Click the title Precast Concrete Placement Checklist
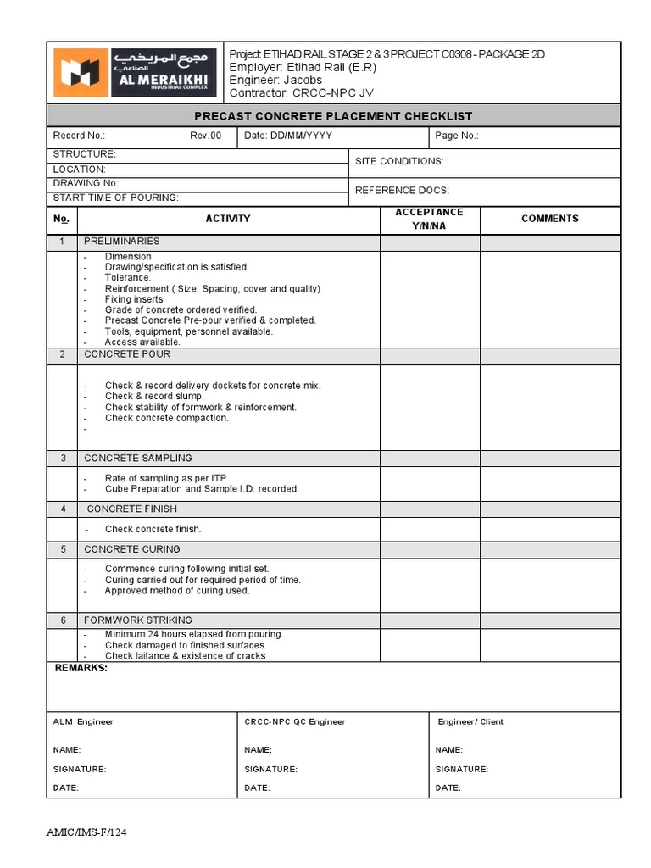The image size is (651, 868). point(333,116)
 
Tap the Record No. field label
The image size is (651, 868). point(79,136)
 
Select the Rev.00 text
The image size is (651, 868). point(205,136)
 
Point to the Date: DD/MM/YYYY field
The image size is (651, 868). point(288,136)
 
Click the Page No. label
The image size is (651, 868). point(457,136)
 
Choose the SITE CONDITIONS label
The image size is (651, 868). point(398,161)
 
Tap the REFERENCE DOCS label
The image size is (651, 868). point(402,191)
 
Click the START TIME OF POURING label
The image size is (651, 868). point(115,198)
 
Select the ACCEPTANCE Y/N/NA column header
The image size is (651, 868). point(429,219)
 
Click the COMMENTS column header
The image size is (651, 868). point(549,219)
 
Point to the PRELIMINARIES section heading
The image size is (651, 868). point(121,242)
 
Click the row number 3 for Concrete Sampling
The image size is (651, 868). point(62,458)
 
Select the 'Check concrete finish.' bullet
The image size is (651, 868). point(153,529)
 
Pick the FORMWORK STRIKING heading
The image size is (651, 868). point(137,620)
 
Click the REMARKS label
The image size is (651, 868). point(81,668)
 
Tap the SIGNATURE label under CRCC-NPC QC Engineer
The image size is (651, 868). point(270,769)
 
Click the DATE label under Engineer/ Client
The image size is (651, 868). point(448,787)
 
